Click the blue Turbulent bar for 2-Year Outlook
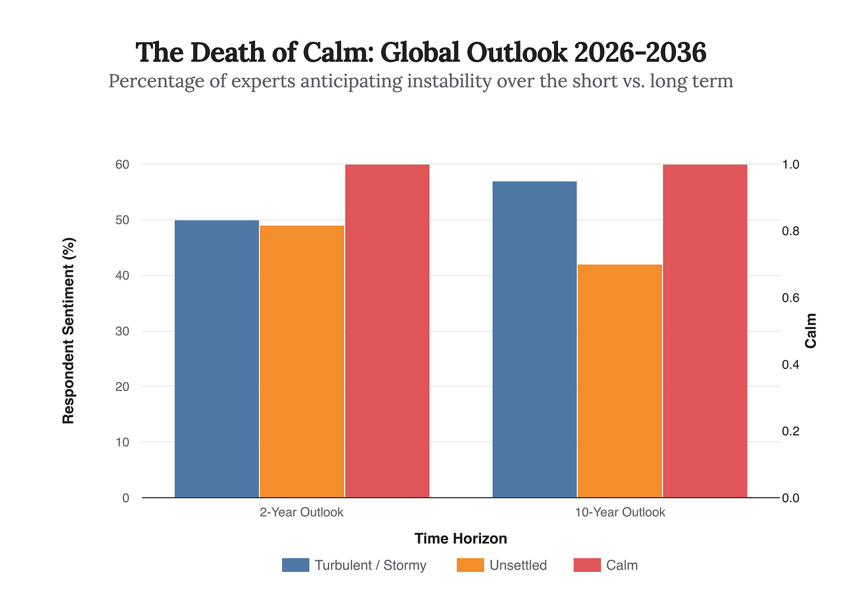pyautogui.click(x=217, y=359)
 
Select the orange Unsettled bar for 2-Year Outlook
pyautogui.click(x=302, y=361)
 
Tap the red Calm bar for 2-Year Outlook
pyautogui.click(x=387, y=331)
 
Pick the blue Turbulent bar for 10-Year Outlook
pyautogui.click(x=534, y=339)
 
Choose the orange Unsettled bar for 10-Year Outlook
pyautogui.click(x=619, y=381)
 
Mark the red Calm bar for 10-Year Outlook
pyautogui.click(x=704, y=331)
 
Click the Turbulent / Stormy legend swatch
pyautogui.click(x=296, y=565)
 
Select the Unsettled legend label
pyautogui.click(x=518, y=565)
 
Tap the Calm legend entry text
pyautogui.click(x=622, y=565)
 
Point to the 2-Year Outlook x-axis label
pyautogui.click(x=302, y=512)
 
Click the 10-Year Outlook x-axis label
pyautogui.click(x=619, y=512)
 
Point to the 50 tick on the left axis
pyautogui.click(x=122, y=220)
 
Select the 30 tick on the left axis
pyautogui.click(x=122, y=331)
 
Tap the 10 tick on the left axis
pyautogui.click(x=122, y=442)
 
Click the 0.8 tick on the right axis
pyautogui.click(x=791, y=231)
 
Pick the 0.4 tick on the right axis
pyautogui.click(x=791, y=364)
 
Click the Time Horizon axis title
pyautogui.click(x=460, y=538)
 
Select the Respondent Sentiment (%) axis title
pyautogui.click(x=69, y=331)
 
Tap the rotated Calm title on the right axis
pyautogui.click(x=811, y=331)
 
